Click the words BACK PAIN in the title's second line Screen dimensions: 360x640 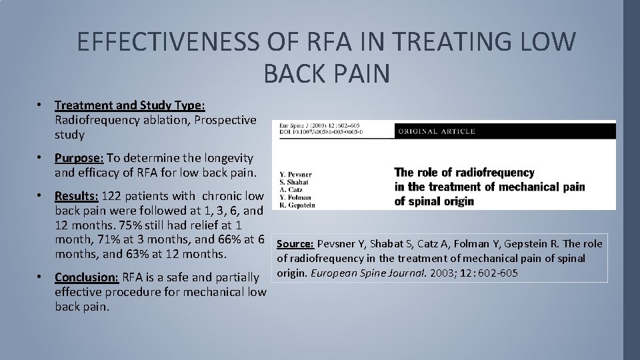(326, 73)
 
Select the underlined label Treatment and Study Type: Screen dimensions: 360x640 (130, 105)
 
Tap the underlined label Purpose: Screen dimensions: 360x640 (79, 158)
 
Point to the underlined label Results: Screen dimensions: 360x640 (77, 196)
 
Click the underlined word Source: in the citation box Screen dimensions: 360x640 (295, 244)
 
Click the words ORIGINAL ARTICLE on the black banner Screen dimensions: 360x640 (437, 131)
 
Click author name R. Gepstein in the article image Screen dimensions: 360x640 (298, 205)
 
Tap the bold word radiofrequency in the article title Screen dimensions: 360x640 (494, 173)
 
